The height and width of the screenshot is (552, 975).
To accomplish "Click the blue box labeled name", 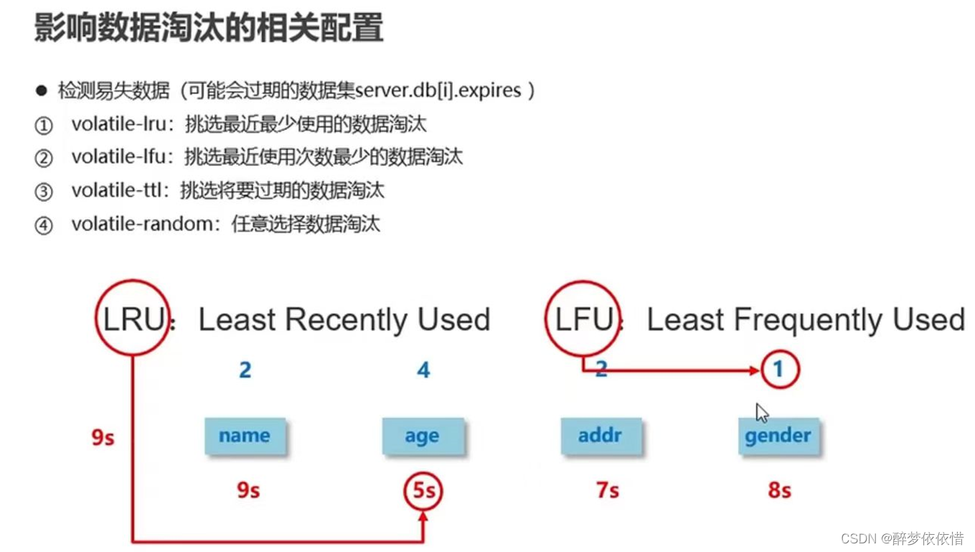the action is click(245, 436).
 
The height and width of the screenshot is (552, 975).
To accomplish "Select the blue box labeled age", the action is click(423, 436).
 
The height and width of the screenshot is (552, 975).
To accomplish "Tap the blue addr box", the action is click(600, 436).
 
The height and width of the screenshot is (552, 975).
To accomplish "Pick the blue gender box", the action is click(778, 436).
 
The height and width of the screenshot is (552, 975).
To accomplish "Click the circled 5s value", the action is click(423, 491).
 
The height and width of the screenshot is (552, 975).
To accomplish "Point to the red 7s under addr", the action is click(607, 491).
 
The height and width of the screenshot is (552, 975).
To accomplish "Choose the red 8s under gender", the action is click(779, 491).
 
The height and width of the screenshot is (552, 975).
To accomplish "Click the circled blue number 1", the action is click(779, 370).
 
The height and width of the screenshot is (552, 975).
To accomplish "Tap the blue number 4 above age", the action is click(423, 370).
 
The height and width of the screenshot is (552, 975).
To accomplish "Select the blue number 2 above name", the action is click(245, 370).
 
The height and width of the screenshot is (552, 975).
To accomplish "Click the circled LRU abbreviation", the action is click(133, 319).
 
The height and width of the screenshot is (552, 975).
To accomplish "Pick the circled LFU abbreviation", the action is click(583, 319).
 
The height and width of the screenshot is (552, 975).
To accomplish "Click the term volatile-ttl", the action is click(119, 190).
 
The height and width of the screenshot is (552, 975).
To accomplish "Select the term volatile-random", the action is click(142, 224).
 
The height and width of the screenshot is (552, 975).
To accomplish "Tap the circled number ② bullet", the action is click(44, 158).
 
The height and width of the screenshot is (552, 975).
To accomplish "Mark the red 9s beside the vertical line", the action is click(103, 436).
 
